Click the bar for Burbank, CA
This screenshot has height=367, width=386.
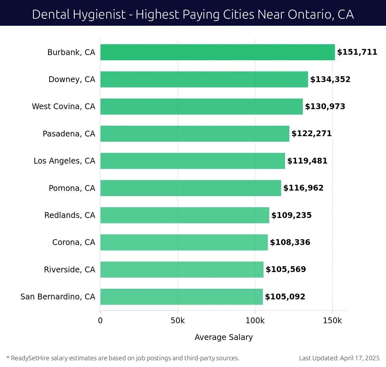coord(217,52)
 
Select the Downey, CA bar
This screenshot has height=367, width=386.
coord(204,79)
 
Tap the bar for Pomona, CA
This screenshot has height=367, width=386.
coord(190,188)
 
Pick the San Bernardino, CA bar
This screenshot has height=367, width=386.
coord(181,296)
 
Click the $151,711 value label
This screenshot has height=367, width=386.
coord(357,52)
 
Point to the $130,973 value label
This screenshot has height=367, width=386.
coord(325,107)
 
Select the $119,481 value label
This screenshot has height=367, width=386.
coord(307,161)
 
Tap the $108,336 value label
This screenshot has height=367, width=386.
coord(290,242)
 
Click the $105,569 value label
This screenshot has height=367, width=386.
coord(286,269)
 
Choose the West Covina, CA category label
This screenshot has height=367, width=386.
coord(63,107)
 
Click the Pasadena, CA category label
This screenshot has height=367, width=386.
coord(69,134)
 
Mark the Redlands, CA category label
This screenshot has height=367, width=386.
coord(69,215)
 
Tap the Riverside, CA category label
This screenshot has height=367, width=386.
coord(69,269)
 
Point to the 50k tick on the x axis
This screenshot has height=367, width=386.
coord(178,321)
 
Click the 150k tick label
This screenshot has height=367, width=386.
coord(332,321)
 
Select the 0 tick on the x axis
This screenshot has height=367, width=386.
coord(100,321)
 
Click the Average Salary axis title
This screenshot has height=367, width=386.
coord(224,337)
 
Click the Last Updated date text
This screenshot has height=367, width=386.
coord(339,358)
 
